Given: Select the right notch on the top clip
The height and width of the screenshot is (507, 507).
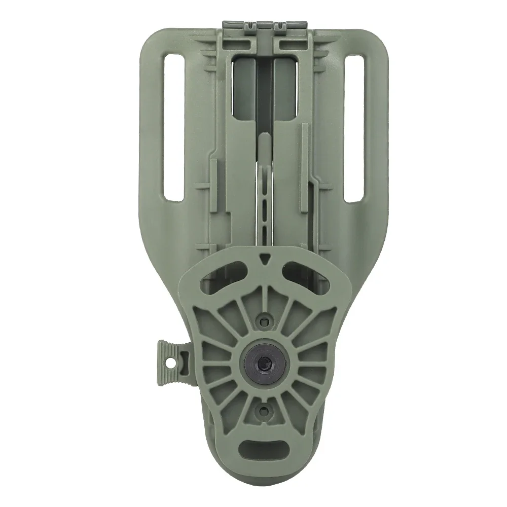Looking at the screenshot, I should click(x=278, y=24).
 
